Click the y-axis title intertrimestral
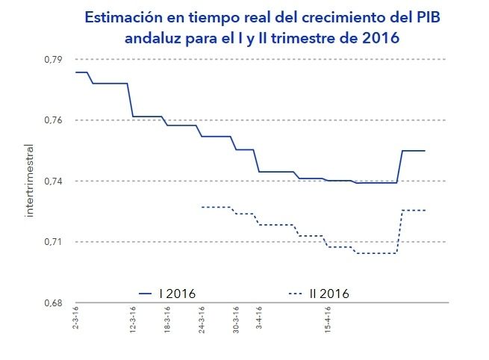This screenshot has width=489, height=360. [30, 182]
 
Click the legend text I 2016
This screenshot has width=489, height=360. [177, 293]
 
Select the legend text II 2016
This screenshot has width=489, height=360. [329, 293]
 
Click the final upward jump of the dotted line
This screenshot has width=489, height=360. [401, 232]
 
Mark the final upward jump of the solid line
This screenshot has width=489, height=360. [401, 167]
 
